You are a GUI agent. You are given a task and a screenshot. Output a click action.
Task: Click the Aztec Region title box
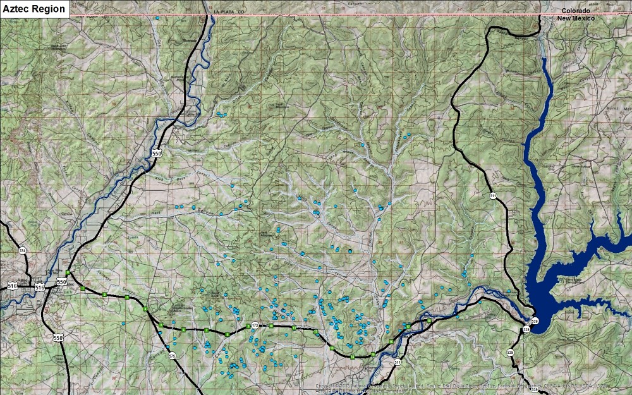(x=35, y=9)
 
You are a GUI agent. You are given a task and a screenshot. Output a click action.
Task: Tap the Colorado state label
(x=576, y=11)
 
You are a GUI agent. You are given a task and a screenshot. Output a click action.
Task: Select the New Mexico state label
(x=576, y=18)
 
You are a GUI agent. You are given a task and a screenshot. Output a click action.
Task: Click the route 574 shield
(x=23, y=251)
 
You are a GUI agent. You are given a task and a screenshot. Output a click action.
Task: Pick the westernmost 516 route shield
(x=13, y=286)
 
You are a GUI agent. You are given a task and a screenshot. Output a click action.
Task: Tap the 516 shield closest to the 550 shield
(x=40, y=288)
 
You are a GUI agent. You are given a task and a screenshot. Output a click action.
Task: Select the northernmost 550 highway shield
(x=157, y=153)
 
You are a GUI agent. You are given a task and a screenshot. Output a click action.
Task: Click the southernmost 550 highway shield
(x=58, y=338)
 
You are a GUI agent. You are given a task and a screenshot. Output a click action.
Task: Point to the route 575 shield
(x=172, y=356)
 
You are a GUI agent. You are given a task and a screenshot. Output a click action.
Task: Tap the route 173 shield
(x=255, y=325)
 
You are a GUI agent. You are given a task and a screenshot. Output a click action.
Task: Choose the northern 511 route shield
(x=492, y=197)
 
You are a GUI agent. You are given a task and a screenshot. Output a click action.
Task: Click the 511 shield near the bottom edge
(x=397, y=362)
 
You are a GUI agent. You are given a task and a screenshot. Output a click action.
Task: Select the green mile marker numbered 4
(x=145, y=309)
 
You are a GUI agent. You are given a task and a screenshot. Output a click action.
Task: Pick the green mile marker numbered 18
(x=428, y=321)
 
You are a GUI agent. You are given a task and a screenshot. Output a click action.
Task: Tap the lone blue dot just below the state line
(x=156, y=18)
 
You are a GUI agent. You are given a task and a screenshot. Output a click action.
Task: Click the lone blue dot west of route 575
(x=123, y=324)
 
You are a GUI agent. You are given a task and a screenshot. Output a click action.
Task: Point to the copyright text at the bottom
(x=461, y=387)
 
